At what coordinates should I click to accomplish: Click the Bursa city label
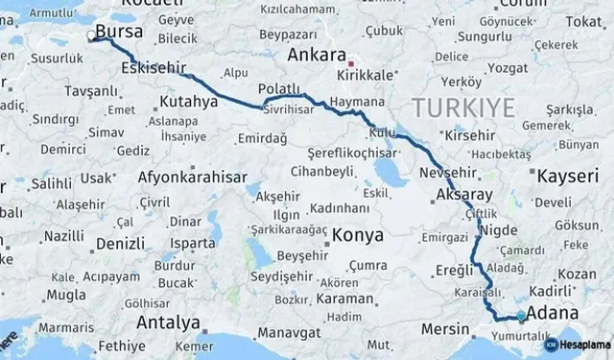click(x=120, y=33)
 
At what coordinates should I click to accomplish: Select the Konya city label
click(x=357, y=235)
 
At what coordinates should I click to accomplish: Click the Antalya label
click(x=168, y=322)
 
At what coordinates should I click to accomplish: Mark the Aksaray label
click(x=463, y=192)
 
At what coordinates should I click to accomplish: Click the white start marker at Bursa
click(x=91, y=38)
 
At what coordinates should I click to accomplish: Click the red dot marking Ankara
click(x=351, y=57)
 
